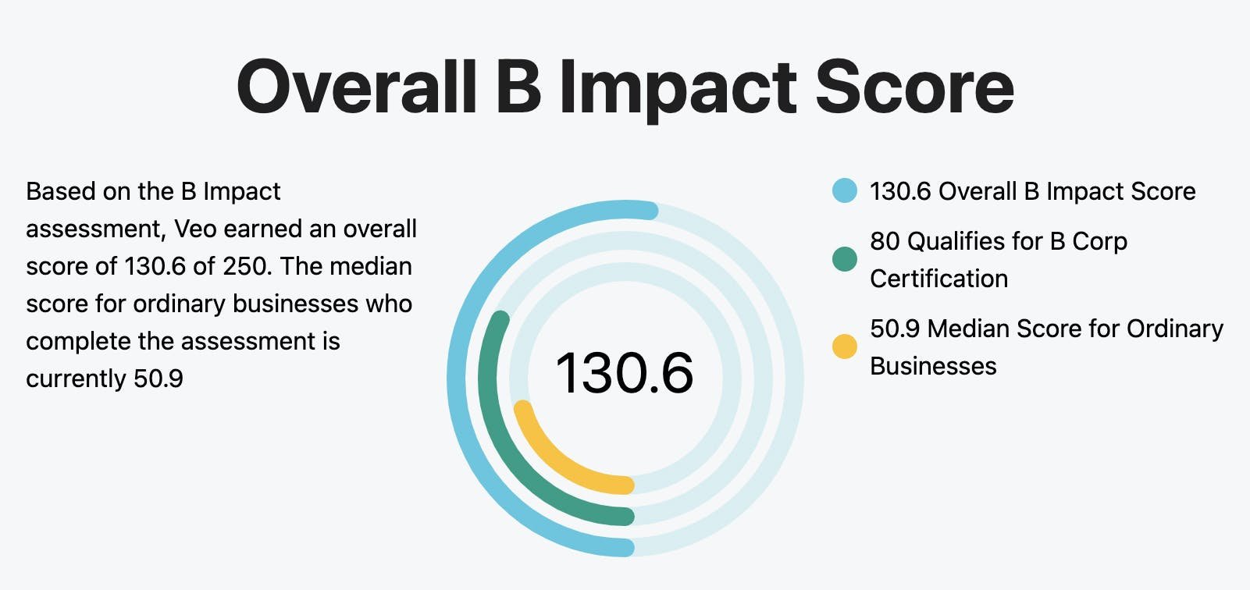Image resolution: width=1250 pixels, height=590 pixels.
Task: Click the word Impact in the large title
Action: [x=678, y=87]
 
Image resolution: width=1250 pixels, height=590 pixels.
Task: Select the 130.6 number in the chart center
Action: [x=625, y=373]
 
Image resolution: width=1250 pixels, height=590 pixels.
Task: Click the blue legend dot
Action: [x=844, y=190]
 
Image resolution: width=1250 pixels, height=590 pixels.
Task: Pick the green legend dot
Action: [x=844, y=259]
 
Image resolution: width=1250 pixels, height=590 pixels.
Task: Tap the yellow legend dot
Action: [x=844, y=346]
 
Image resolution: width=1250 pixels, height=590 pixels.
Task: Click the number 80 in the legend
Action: [x=885, y=241]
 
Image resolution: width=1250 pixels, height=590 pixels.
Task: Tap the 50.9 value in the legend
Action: [x=895, y=329]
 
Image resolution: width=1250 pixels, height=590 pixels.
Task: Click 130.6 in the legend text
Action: [x=899, y=191]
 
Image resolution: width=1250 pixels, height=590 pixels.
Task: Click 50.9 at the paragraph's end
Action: [x=158, y=379]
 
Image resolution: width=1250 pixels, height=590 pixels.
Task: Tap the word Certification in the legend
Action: [x=938, y=279]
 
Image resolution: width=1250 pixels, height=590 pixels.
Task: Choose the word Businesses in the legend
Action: [x=933, y=366]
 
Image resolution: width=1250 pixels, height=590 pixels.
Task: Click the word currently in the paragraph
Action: [x=76, y=379]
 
